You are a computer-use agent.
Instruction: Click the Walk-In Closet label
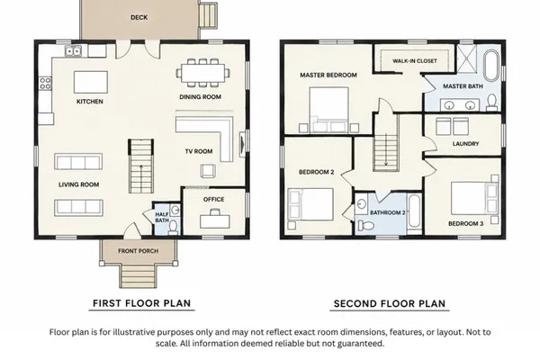415,61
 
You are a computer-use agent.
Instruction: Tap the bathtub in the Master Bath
491,66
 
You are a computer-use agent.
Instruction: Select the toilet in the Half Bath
173,227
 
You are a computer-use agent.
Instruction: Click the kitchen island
91,82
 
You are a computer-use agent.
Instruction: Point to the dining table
203,73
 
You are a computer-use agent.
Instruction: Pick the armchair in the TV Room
208,171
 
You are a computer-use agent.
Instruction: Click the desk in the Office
215,220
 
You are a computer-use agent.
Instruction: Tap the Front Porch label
138,251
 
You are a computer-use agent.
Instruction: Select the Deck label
139,17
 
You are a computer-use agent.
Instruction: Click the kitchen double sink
73,51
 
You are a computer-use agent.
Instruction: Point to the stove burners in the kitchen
45,83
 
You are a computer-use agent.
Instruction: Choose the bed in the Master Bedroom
328,110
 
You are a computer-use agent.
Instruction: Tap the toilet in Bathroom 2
366,226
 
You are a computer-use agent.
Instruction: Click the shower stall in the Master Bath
466,58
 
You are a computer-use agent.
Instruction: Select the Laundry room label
465,144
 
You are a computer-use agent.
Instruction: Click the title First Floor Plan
141,303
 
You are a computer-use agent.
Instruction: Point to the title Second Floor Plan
390,304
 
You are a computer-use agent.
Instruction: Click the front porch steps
138,275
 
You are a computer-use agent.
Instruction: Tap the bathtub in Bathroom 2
414,211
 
